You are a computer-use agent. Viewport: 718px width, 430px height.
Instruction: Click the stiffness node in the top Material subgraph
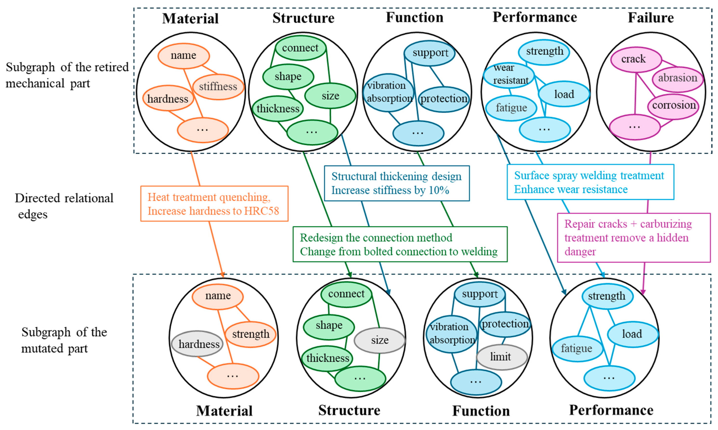[218, 86]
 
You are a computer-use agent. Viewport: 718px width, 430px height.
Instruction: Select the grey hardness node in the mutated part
[198, 344]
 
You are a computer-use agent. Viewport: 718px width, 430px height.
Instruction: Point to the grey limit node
[501, 357]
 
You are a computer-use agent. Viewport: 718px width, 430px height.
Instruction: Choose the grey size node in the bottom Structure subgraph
[379, 340]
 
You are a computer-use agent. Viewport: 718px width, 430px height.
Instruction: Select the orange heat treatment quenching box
[214, 204]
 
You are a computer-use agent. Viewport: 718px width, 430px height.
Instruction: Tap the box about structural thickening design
[396, 183]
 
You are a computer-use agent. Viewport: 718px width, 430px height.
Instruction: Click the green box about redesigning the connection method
[400, 244]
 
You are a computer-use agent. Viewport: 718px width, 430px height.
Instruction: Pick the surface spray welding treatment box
[590, 182]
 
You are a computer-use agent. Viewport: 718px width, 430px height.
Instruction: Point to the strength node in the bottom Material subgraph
[250, 334]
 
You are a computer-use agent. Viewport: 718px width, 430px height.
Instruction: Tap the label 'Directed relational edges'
[64, 206]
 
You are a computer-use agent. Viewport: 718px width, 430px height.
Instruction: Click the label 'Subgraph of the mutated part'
[64, 340]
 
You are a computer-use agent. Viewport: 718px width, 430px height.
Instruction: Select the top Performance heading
[534, 17]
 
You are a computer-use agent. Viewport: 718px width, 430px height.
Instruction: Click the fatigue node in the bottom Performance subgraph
[576, 349]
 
